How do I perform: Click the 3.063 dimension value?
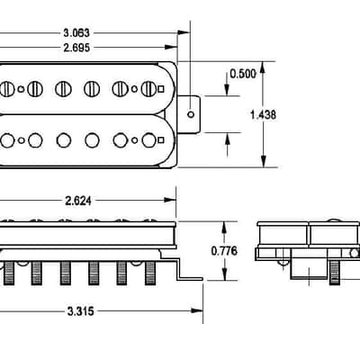click(76, 32)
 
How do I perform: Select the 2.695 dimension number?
click(76, 48)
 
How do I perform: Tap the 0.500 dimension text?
click(243, 74)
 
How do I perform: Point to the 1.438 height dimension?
click(263, 114)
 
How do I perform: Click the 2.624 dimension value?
click(78, 201)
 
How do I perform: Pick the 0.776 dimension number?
click(224, 251)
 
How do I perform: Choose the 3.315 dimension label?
click(81, 311)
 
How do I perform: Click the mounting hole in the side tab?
click(191, 114)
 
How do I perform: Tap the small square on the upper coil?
click(161, 89)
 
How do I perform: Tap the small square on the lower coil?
click(161, 139)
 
